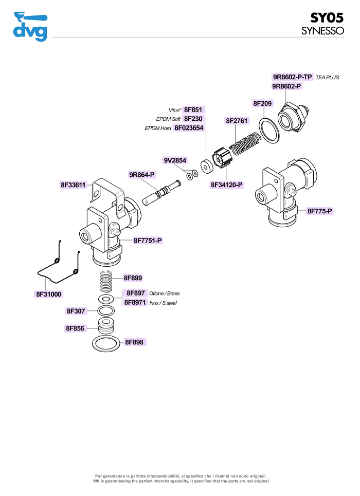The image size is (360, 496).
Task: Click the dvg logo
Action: point(30,26)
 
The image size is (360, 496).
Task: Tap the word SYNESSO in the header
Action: point(322,31)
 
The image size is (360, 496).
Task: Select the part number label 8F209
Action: point(262,103)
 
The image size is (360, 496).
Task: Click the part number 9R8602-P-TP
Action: point(292,77)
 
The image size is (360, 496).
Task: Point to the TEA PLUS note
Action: point(328,78)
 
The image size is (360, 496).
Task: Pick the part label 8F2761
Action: point(237,121)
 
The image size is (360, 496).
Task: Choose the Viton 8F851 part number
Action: point(193,109)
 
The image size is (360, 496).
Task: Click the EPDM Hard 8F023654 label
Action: point(189,127)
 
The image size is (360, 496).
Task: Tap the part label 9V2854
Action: point(175,160)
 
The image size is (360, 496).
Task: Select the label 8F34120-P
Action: point(227,184)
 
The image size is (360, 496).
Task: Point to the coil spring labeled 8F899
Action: point(106,281)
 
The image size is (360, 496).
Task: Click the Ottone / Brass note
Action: point(164,293)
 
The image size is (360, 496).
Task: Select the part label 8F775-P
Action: point(320,211)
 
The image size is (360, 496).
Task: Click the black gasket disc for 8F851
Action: point(206,167)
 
